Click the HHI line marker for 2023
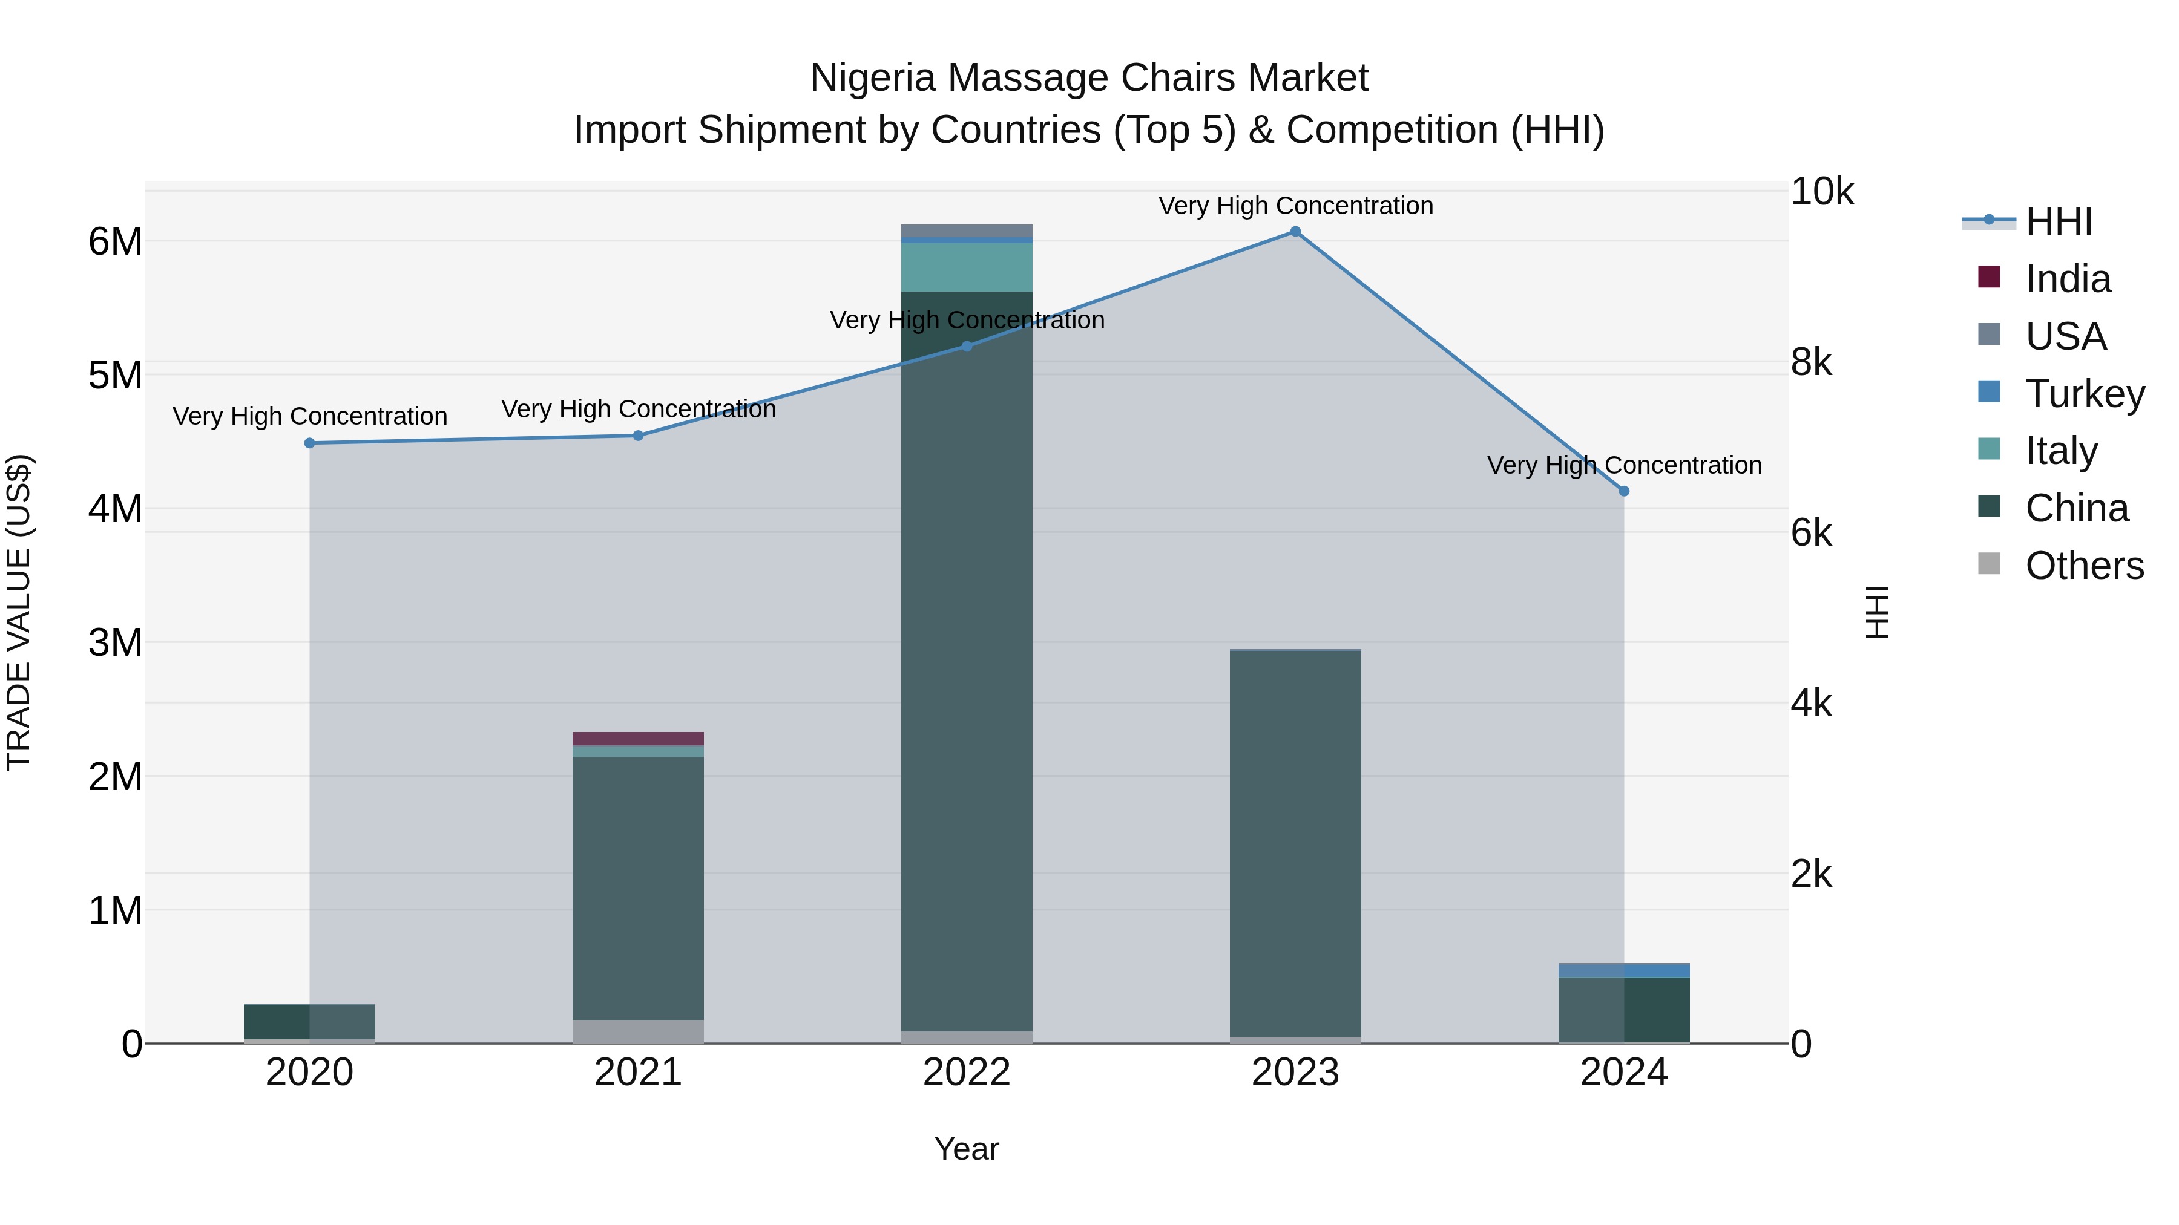click(1295, 232)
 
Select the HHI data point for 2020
click(309, 443)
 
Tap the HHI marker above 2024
click(1624, 491)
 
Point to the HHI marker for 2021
click(639, 436)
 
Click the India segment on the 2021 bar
click(639, 738)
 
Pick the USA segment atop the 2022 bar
click(967, 231)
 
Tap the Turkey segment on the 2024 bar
click(1624, 970)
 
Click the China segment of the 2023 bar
click(1295, 846)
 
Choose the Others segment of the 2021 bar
click(639, 1031)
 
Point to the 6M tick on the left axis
click(115, 242)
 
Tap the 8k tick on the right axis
click(1811, 363)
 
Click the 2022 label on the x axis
click(967, 1073)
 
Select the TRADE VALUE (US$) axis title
click(19, 612)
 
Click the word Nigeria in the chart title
click(872, 78)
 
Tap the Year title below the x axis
click(967, 1149)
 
